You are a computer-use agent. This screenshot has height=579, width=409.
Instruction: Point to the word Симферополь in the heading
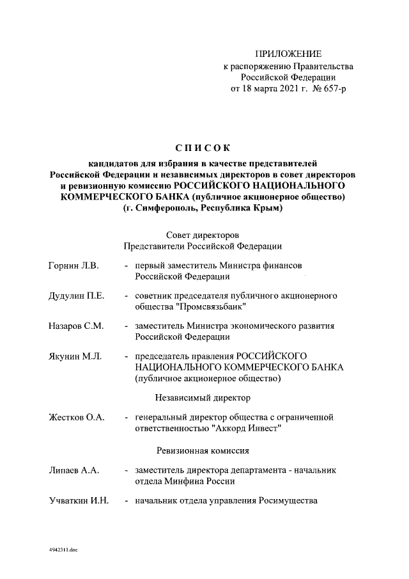tap(165, 208)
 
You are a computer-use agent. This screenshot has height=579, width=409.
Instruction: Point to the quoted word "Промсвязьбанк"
tap(210, 307)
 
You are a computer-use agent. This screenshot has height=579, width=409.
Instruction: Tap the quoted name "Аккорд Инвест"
tap(249, 429)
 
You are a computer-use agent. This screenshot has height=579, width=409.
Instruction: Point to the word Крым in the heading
tap(267, 208)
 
